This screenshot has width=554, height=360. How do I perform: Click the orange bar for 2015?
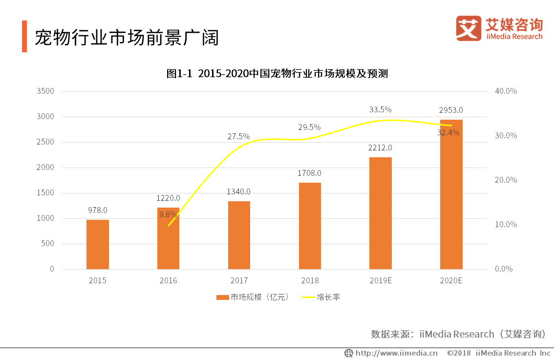[98, 244]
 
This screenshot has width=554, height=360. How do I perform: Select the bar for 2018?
[310, 226]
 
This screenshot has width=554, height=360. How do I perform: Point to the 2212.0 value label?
[381, 148]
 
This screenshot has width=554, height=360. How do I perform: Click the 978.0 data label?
[97, 210]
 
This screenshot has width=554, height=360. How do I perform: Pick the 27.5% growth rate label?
[238, 136]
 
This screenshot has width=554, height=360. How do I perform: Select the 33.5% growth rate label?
[380, 109]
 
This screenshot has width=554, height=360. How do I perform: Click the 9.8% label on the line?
[168, 214]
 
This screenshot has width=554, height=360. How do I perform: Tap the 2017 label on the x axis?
[239, 280]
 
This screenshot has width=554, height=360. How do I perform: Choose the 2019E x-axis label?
[380, 280]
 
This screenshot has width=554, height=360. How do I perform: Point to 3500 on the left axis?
[44, 91]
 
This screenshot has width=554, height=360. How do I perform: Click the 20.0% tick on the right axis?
[506, 180]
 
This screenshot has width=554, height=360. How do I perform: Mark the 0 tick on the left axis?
[51, 269]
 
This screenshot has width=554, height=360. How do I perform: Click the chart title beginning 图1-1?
[277, 74]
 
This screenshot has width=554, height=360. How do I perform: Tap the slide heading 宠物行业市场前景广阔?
[127, 38]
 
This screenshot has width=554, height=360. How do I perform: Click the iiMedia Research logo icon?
[469, 28]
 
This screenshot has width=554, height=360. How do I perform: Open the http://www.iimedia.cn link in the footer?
[396, 353]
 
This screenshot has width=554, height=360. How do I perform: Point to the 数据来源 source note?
[458, 334]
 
